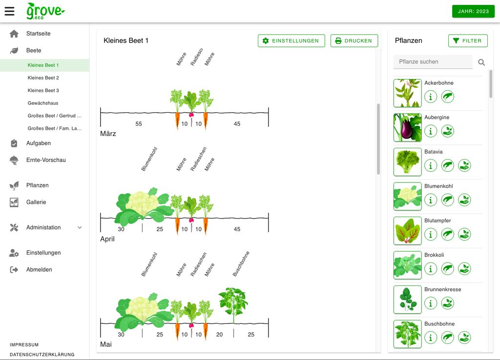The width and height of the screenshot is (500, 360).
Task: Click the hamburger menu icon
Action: coord(9,11)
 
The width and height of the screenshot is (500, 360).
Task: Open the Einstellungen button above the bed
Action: coord(291,41)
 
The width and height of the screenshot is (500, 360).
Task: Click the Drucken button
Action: coord(354,41)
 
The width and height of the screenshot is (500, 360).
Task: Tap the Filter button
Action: coord(468,41)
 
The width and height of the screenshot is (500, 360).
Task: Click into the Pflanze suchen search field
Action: coord(433,62)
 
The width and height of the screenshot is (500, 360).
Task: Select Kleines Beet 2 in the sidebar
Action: coord(43,78)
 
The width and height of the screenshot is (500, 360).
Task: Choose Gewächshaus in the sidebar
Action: coord(43,103)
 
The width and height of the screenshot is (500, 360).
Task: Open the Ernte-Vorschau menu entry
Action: coord(46,160)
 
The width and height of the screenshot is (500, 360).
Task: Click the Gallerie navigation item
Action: coord(36,202)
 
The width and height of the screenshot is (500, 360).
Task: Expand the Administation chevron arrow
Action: coord(80,228)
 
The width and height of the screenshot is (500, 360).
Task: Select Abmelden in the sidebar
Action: coord(39,270)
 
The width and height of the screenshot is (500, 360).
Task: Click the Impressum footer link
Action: coord(24,345)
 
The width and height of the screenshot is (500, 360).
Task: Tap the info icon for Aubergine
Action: coord(431,131)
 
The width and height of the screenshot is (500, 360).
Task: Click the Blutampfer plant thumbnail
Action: coord(407,231)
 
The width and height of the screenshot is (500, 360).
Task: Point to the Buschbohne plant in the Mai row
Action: coord(233,304)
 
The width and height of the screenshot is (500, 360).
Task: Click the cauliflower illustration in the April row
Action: coord(142,205)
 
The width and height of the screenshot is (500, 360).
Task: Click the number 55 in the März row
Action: coord(139,124)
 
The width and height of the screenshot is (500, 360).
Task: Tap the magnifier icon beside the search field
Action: coord(481,62)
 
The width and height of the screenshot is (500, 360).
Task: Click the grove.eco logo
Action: coord(45,11)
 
